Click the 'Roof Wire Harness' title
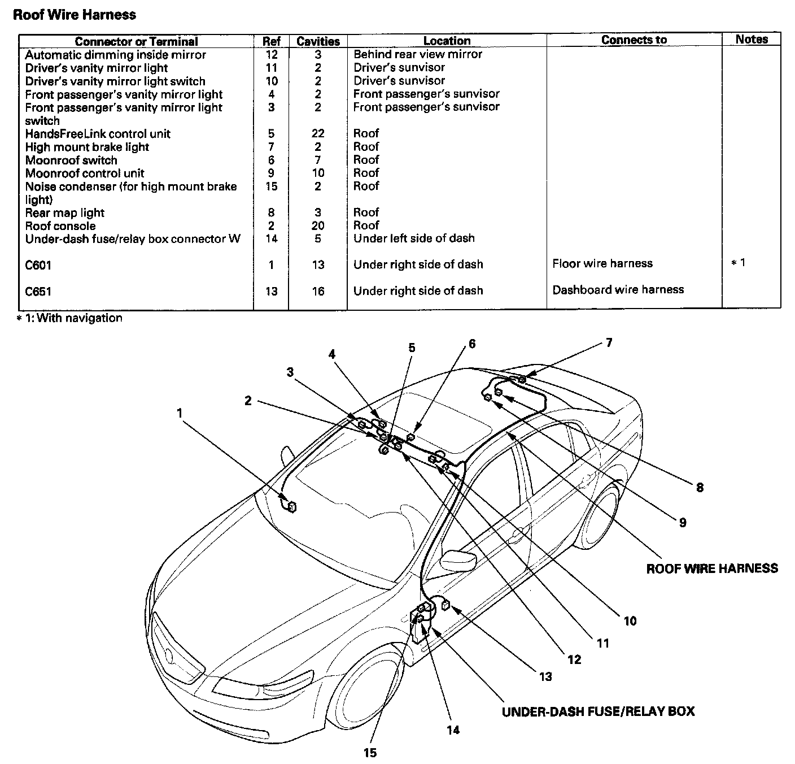pos(74,15)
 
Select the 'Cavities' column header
pos(318,41)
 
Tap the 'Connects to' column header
pos(634,40)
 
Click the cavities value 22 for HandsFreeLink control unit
pos(318,133)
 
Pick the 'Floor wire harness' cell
pos(602,263)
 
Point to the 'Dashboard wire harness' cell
pos(618,290)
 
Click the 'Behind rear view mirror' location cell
pos(418,54)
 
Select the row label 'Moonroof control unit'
pos(85,173)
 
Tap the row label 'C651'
pos(38,292)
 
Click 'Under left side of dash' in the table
pos(414,238)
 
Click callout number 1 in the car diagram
pos(180,413)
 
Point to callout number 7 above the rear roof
pos(609,342)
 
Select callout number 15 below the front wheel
pos(370,752)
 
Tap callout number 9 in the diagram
pos(683,523)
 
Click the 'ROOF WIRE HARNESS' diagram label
pos(711,568)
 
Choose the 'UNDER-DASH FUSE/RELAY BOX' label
pos(598,711)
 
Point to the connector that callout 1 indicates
pos(292,507)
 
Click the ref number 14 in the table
pos(272,238)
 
